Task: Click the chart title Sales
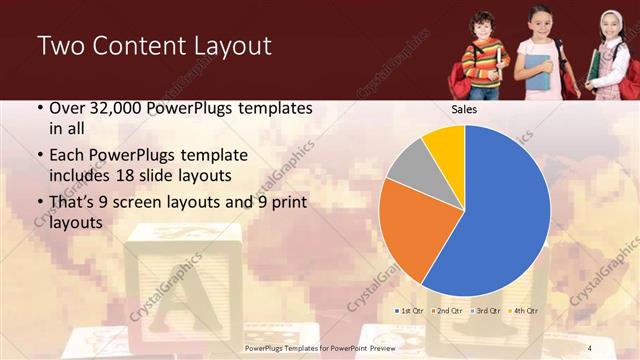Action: coord(464,110)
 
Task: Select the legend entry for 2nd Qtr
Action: coord(447,311)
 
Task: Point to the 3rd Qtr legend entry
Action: coord(484,311)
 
